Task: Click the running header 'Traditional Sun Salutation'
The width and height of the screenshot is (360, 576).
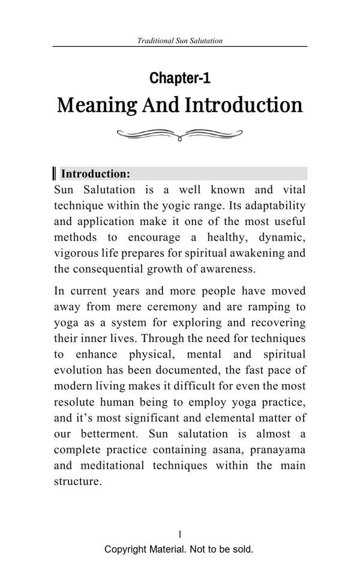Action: (x=180, y=41)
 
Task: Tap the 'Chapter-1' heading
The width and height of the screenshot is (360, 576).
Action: (x=180, y=78)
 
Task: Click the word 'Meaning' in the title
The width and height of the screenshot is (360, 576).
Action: (x=97, y=105)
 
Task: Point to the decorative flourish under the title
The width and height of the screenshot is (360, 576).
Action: (x=179, y=135)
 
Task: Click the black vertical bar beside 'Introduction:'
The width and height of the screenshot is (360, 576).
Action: (x=55, y=174)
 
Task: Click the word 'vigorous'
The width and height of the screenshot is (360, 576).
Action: (x=76, y=253)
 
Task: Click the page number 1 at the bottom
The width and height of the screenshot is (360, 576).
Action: (x=180, y=534)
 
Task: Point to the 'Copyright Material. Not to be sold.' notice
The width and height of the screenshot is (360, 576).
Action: (x=179, y=549)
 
